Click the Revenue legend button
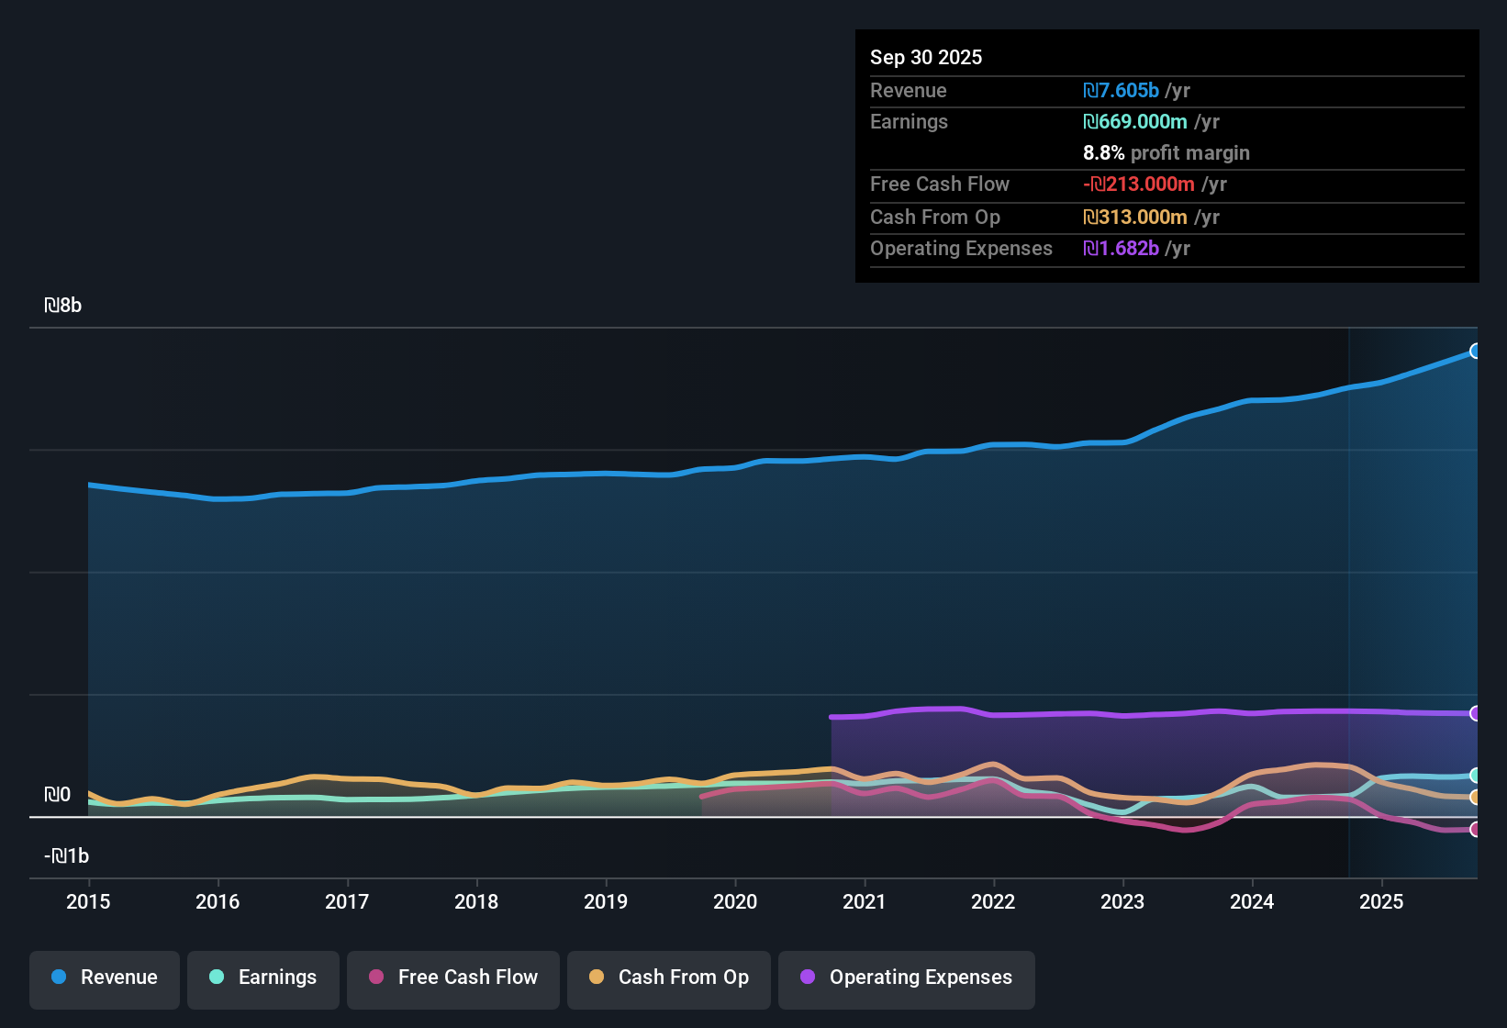click(105, 978)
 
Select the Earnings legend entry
click(263, 978)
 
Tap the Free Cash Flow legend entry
click(453, 978)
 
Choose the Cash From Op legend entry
click(669, 978)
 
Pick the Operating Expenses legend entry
click(907, 978)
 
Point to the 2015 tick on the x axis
click(88, 901)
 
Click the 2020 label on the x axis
click(735, 901)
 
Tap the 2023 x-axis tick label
click(1122, 901)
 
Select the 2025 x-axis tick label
click(1381, 901)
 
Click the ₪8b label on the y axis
click(62, 306)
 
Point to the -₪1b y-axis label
click(66, 856)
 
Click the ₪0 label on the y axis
click(57, 795)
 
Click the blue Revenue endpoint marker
click(1475, 351)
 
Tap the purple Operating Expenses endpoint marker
click(1475, 713)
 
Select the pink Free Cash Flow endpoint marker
click(1475, 830)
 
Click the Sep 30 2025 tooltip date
click(926, 57)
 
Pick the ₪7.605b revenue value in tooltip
click(1121, 90)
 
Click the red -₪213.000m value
click(1138, 184)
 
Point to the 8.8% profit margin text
click(1167, 153)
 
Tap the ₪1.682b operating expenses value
click(1121, 249)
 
